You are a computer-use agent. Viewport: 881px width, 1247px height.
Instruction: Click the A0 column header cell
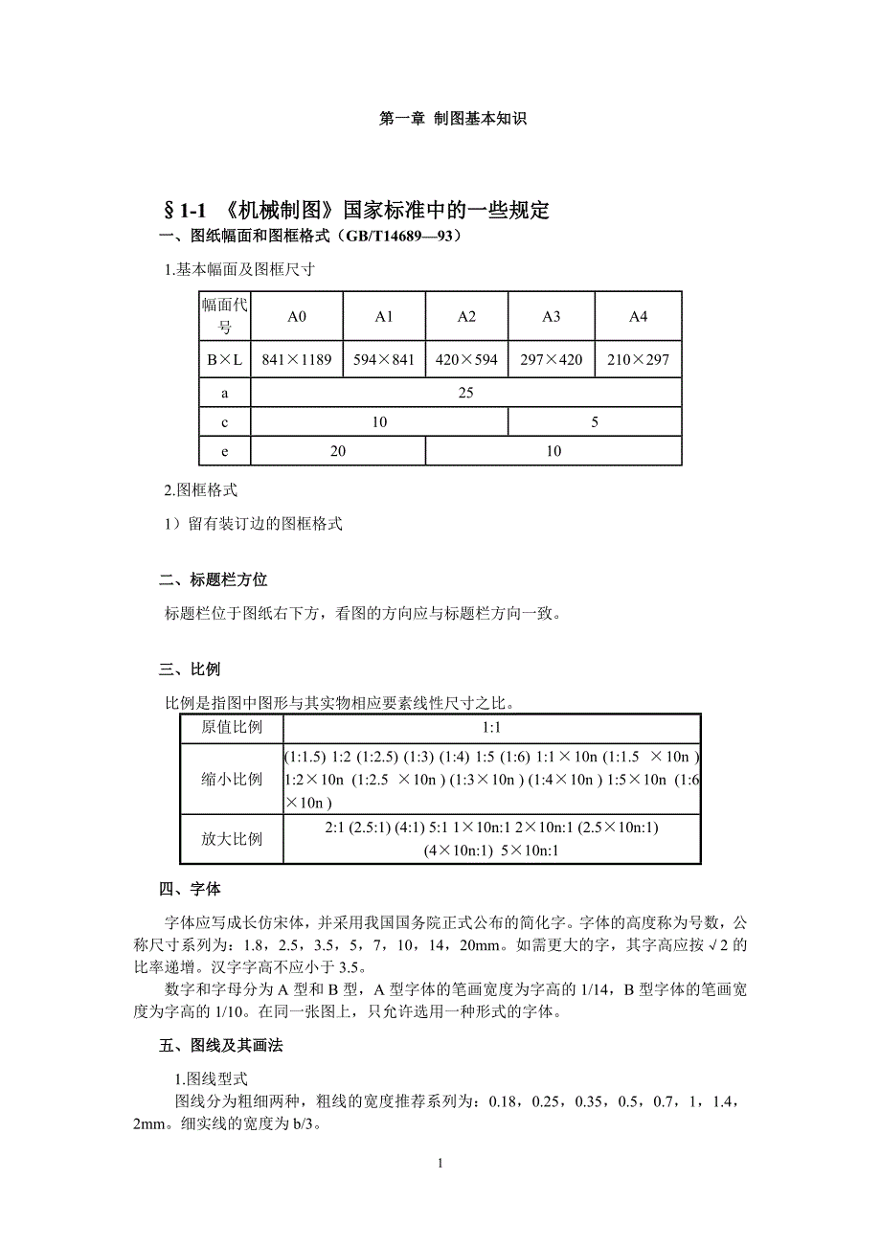point(297,317)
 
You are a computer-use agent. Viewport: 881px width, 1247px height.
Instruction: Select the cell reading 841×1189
point(297,360)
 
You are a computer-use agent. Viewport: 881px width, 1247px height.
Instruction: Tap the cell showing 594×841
point(383,360)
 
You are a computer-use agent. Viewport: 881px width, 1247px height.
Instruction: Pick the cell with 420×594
point(466,360)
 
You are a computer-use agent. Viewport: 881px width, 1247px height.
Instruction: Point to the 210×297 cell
point(638,360)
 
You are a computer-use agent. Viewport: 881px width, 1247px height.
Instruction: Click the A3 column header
point(552,317)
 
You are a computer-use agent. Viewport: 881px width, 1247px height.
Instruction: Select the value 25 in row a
point(466,393)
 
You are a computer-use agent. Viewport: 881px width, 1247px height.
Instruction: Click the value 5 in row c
point(595,421)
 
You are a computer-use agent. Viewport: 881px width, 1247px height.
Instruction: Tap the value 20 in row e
point(338,451)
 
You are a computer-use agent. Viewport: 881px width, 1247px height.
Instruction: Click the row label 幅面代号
point(225,316)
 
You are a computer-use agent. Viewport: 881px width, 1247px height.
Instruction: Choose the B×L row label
point(225,360)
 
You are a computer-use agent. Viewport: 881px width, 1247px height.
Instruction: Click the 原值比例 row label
point(232,727)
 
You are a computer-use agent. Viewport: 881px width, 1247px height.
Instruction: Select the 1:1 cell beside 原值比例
point(491,727)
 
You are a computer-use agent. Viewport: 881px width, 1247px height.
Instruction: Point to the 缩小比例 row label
point(232,779)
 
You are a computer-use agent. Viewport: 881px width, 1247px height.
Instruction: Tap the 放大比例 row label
point(232,838)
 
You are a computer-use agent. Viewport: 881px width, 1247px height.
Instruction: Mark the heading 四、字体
point(191,890)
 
